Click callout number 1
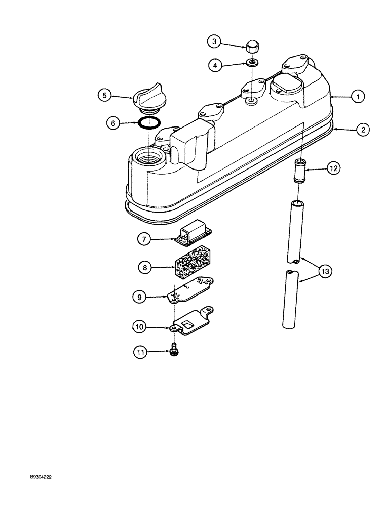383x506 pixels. (358, 96)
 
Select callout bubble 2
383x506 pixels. (362, 130)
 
